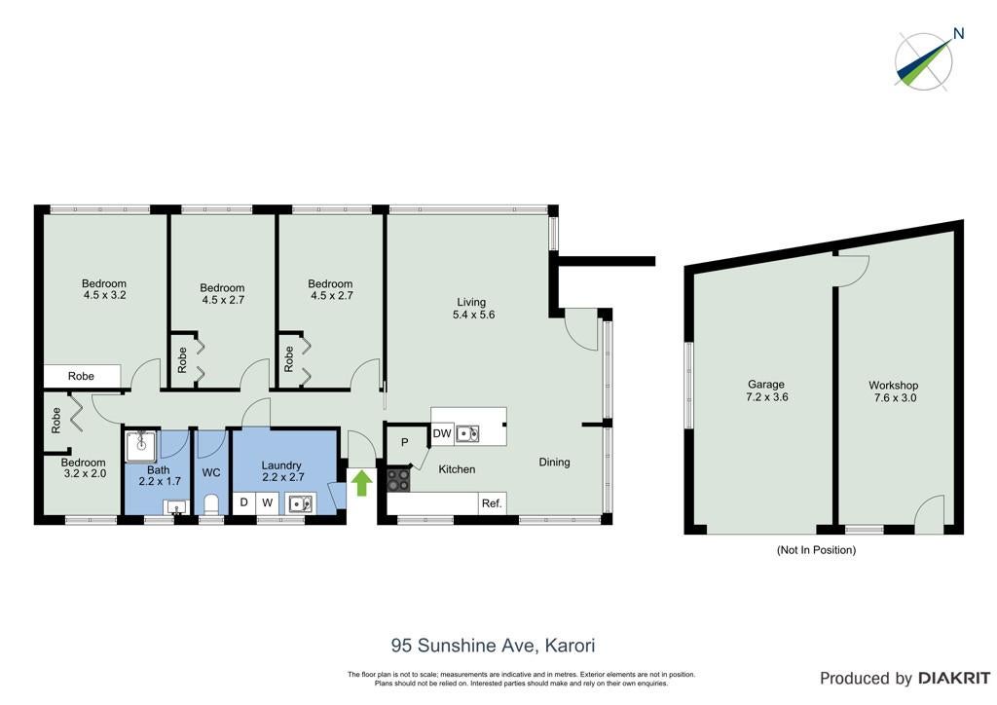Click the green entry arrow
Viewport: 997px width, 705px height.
(x=362, y=483)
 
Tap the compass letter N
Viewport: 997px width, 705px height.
(x=959, y=33)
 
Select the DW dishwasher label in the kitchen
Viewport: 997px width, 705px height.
(x=442, y=433)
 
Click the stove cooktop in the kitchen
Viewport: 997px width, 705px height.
(x=398, y=480)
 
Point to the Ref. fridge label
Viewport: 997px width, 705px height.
(x=492, y=503)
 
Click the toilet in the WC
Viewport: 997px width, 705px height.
(x=210, y=504)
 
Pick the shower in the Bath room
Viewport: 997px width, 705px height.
(x=140, y=446)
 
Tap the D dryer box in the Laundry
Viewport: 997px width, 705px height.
(x=243, y=502)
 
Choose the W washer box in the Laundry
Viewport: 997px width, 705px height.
(x=268, y=502)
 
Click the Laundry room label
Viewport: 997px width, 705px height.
(x=281, y=465)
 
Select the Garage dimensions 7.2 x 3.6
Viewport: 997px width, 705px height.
(x=767, y=396)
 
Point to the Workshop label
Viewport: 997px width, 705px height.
(x=894, y=386)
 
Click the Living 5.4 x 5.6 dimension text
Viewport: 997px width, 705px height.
(x=474, y=315)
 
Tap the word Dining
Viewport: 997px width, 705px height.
(x=554, y=463)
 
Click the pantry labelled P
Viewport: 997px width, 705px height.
(x=404, y=442)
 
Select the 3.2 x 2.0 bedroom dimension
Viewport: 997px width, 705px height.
(x=86, y=473)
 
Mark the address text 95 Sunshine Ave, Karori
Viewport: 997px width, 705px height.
(x=494, y=646)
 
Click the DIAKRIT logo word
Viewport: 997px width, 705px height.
(x=953, y=679)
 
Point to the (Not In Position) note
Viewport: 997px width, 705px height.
(x=817, y=550)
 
